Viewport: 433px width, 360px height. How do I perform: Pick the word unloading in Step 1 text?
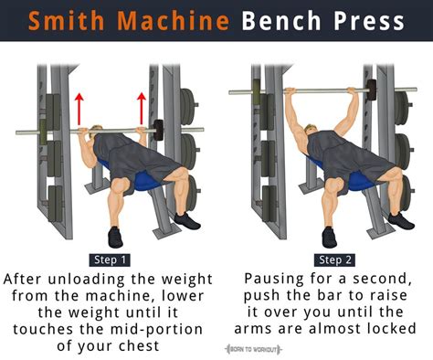click(x=108, y=277)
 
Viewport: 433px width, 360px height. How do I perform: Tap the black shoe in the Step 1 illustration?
click(x=116, y=238)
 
